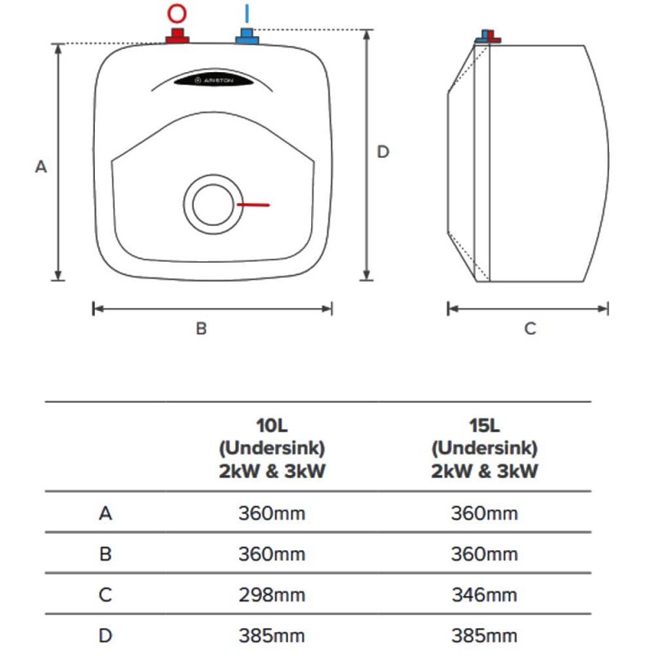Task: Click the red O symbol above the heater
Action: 177,13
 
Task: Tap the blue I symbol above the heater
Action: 247,13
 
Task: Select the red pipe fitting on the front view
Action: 178,36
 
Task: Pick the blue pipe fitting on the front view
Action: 247,36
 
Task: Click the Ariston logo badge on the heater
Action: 214,79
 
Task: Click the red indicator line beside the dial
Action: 253,205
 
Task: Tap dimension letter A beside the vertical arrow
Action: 41,167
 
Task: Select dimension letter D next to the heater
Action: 383,151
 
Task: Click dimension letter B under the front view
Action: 201,329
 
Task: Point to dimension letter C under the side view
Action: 530,329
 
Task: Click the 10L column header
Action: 272,448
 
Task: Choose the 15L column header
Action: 484,448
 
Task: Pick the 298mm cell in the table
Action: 272,595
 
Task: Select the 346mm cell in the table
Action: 484,595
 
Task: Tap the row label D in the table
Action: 106,636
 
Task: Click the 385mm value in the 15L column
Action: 484,636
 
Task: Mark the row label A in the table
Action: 106,513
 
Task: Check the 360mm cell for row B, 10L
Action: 272,554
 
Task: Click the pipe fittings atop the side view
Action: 488,37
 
